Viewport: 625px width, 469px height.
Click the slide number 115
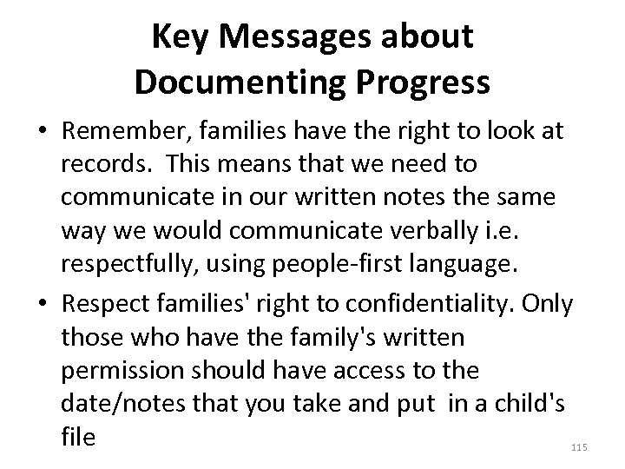[x=581, y=447]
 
